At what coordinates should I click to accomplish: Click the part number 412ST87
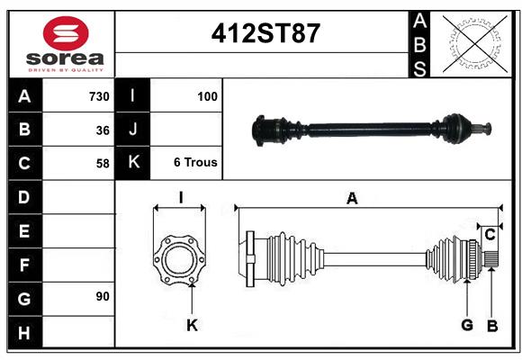[x=265, y=33]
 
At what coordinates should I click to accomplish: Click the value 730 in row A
[x=98, y=96]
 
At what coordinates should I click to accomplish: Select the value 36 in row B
[x=103, y=130]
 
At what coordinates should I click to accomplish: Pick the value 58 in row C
[x=103, y=164]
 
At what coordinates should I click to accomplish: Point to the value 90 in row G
[x=102, y=296]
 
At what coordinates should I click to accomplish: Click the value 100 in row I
[x=207, y=95]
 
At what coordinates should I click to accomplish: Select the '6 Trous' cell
[x=195, y=163]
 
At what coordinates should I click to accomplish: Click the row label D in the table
[x=24, y=196]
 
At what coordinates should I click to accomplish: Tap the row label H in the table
[x=24, y=334]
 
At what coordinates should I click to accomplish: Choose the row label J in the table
[x=132, y=130]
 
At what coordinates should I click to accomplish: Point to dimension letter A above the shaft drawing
[x=352, y=199]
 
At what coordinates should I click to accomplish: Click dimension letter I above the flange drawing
[x=180, y=198]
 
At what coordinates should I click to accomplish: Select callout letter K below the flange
[x=192, y=325]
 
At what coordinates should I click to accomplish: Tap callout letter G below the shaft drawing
[x=467, y=325]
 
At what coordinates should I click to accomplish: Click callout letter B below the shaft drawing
[x=491, y=325]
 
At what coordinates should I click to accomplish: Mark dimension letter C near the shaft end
[x=490, y=235]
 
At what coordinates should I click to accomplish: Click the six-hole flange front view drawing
[x=180, y=259]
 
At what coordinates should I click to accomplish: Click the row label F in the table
[x=24, y=265]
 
